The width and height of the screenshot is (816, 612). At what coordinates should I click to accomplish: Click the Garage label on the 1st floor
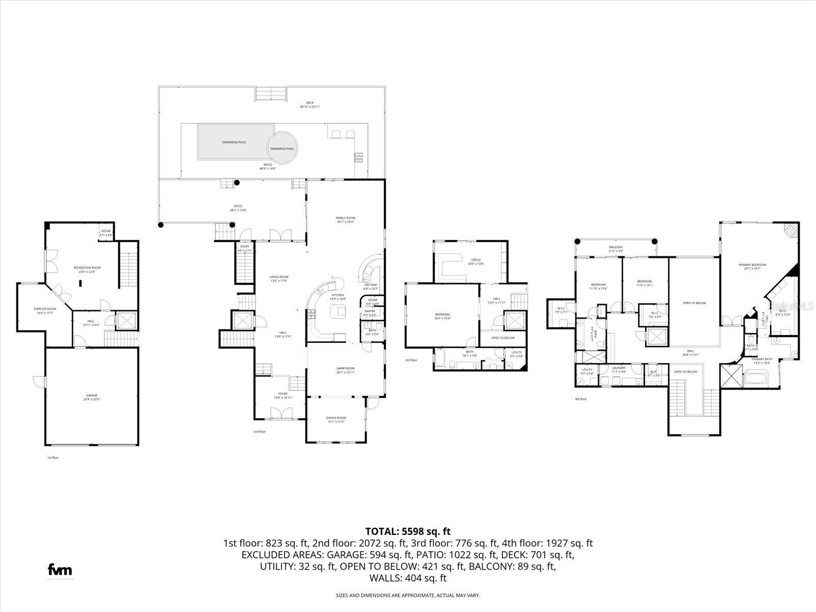click(92, 395)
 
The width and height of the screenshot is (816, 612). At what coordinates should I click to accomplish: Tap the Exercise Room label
click(45, 309)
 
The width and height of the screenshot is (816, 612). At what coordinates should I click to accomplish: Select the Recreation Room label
click(87, 268)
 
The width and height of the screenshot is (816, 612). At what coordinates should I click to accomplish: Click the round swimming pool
click(282, 148)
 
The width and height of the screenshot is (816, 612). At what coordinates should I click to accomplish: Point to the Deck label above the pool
click(310, 103)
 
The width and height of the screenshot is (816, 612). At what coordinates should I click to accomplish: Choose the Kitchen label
click(337, 295)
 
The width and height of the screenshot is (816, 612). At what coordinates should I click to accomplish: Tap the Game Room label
click(345, 368)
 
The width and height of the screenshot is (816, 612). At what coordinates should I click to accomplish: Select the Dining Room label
click(336, 418)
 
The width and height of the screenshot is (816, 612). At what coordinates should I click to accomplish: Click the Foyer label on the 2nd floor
click(283, 394)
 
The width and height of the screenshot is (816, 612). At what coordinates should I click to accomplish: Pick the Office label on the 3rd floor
click(475, 260)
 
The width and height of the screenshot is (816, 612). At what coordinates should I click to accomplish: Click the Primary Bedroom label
click(752, 265)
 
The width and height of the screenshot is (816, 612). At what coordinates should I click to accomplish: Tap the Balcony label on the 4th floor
click(616, 247)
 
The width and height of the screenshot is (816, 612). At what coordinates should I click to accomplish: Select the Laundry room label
click(619, 368)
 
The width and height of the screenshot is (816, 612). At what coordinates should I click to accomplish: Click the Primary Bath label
click(762, 359)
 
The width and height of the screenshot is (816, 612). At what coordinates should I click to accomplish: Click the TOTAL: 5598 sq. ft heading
click(408, 531)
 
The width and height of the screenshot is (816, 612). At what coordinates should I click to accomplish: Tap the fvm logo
click(60, 570)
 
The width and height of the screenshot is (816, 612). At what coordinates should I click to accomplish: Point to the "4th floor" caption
click(581, 399)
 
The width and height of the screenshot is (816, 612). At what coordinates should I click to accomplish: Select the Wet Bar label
click(370, 285)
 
